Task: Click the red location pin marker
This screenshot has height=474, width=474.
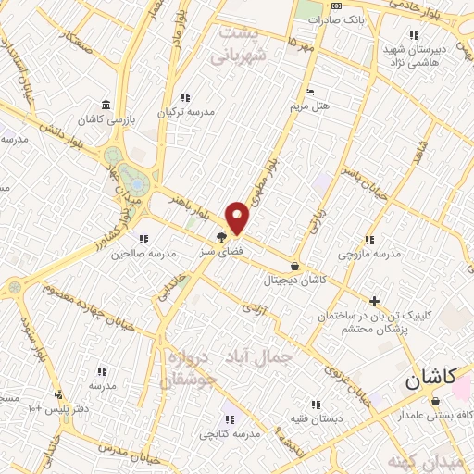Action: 238,217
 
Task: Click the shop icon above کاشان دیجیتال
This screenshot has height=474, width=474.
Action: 294,265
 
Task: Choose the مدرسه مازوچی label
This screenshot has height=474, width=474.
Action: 368,253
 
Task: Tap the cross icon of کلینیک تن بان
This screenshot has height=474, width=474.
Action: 374,301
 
